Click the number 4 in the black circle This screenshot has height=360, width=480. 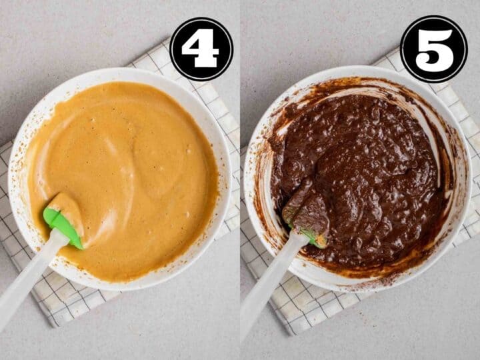click(201, 48)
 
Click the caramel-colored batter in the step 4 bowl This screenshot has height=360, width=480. click(129, 171)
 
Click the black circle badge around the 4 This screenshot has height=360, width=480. click(201, 49)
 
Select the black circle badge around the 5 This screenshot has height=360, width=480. click(434, 49)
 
